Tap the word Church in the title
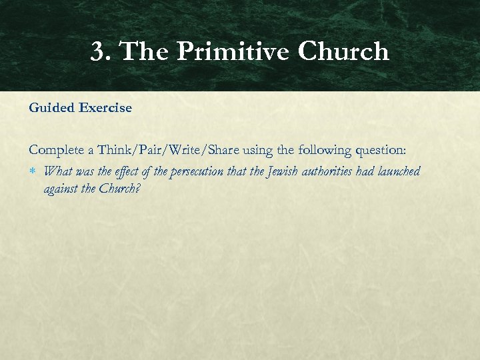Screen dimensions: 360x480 tap(343, 52)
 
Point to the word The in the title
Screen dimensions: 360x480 tap(144, 52)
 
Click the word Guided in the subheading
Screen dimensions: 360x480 tap(51, 107)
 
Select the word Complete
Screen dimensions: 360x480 tap(56, 152)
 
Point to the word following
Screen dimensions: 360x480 tap(317, 152)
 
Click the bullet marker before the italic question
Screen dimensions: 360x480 tap(33, 172)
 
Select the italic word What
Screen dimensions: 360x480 tap(58, 171)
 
